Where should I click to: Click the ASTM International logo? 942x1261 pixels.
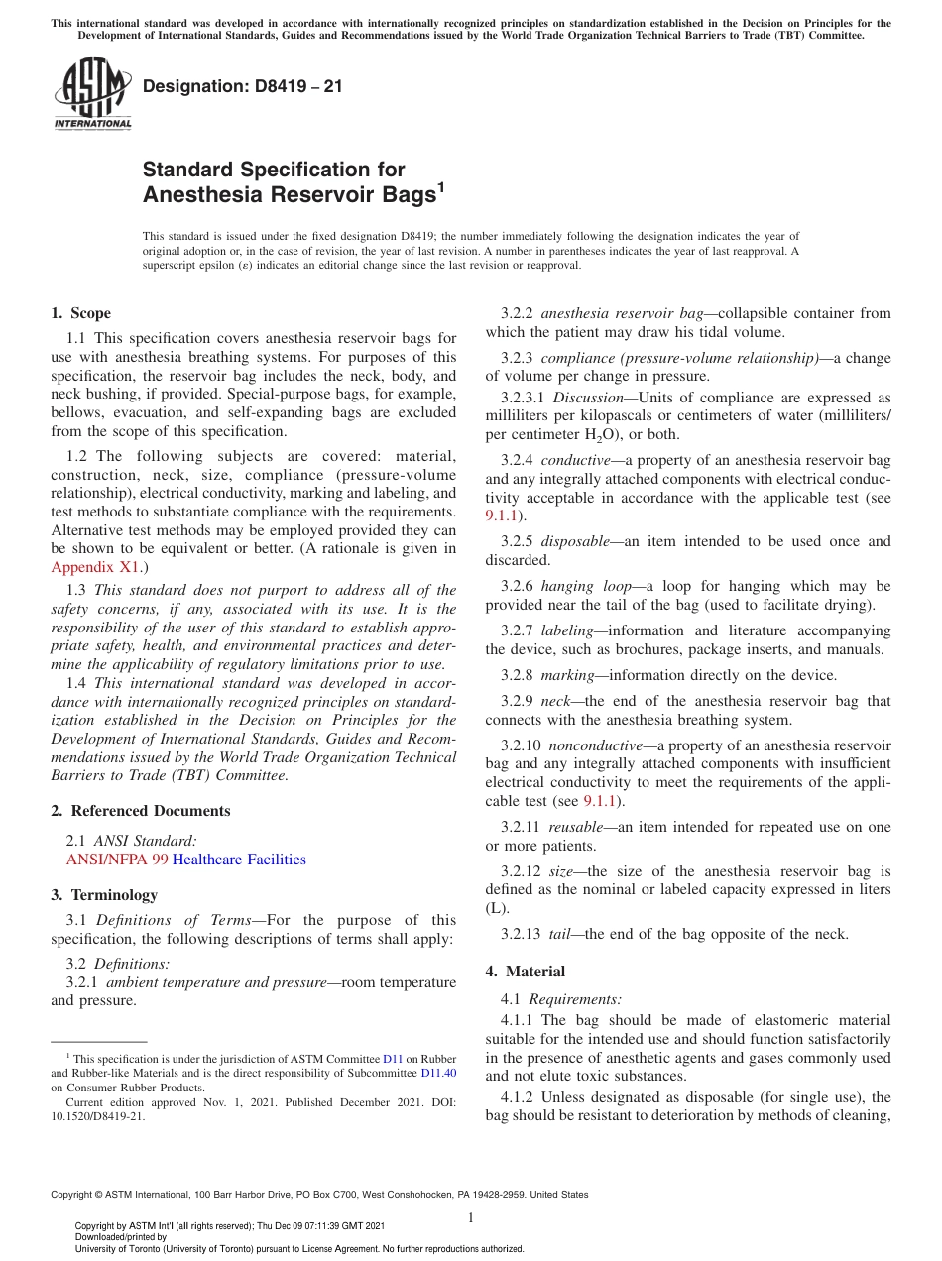(x=91, y=95)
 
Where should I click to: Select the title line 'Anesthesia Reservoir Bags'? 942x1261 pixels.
(x=289, y=195)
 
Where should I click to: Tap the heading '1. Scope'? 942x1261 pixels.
(x=80, y=313)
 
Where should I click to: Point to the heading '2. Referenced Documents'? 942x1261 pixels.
(x=140, y=810)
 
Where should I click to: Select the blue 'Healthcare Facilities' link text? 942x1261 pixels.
(x=239, y=860)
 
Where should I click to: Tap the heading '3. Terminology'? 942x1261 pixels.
(x=104, y=894)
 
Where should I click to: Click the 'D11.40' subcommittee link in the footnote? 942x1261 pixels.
(x=438, y=1073)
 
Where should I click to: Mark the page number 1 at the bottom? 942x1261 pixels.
(x=471, y=1218)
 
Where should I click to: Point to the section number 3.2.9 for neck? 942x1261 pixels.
(x=518, y=701)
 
